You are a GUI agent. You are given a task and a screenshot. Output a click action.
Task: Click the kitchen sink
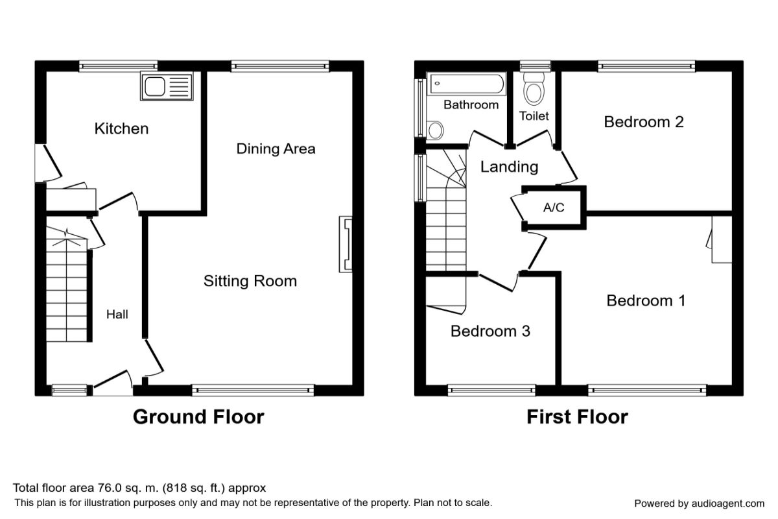167,86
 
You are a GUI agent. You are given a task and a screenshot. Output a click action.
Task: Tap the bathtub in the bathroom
466,84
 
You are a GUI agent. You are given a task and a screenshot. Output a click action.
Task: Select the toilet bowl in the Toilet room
534,89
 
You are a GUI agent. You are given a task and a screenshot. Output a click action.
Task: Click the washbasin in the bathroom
435,130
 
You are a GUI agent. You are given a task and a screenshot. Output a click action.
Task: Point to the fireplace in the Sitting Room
346,244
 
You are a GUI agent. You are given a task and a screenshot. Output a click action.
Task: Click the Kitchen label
122,128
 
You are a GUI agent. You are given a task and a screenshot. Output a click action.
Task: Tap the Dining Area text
276,149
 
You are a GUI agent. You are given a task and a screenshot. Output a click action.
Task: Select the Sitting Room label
250,281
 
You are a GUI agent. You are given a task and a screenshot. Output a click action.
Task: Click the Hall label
117,314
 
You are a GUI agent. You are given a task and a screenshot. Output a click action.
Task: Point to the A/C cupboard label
554,208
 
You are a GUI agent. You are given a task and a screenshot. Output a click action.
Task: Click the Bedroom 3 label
490,331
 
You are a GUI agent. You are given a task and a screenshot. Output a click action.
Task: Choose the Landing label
509,167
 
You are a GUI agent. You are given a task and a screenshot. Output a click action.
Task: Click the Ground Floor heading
198,416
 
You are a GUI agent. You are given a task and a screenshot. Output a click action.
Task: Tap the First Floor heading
577,416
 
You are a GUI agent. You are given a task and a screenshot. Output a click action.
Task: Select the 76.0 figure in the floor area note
110,488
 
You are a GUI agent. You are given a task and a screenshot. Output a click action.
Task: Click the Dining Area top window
280,66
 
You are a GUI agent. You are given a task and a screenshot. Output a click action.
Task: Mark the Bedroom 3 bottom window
491,391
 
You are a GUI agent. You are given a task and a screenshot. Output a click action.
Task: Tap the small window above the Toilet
536,66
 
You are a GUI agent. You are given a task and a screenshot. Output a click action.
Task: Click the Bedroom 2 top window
646,66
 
